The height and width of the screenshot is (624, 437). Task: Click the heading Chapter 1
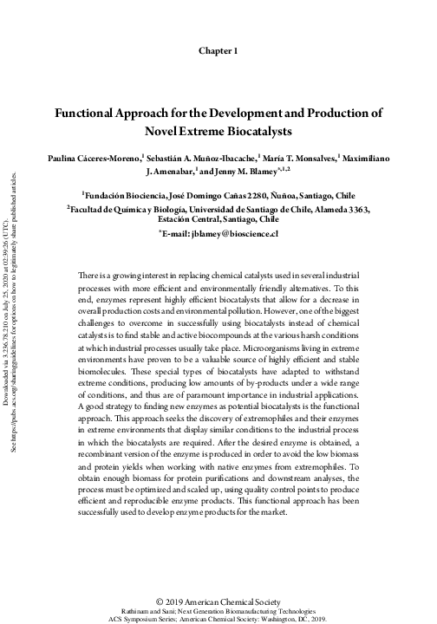click(218, 51)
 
